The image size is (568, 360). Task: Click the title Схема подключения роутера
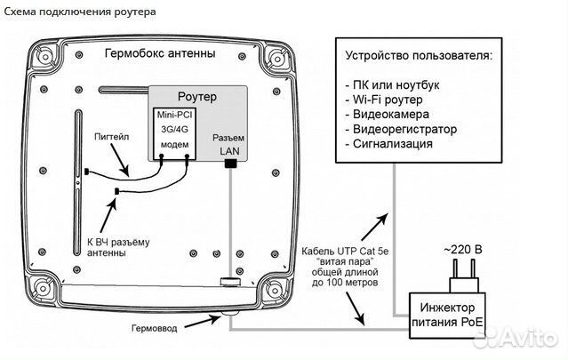[79, 12]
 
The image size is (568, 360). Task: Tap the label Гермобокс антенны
[160, 53]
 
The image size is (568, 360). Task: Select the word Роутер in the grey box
[198, 95]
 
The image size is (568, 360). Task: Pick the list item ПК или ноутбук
[396, 84]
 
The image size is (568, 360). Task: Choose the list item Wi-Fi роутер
[388, 100]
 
